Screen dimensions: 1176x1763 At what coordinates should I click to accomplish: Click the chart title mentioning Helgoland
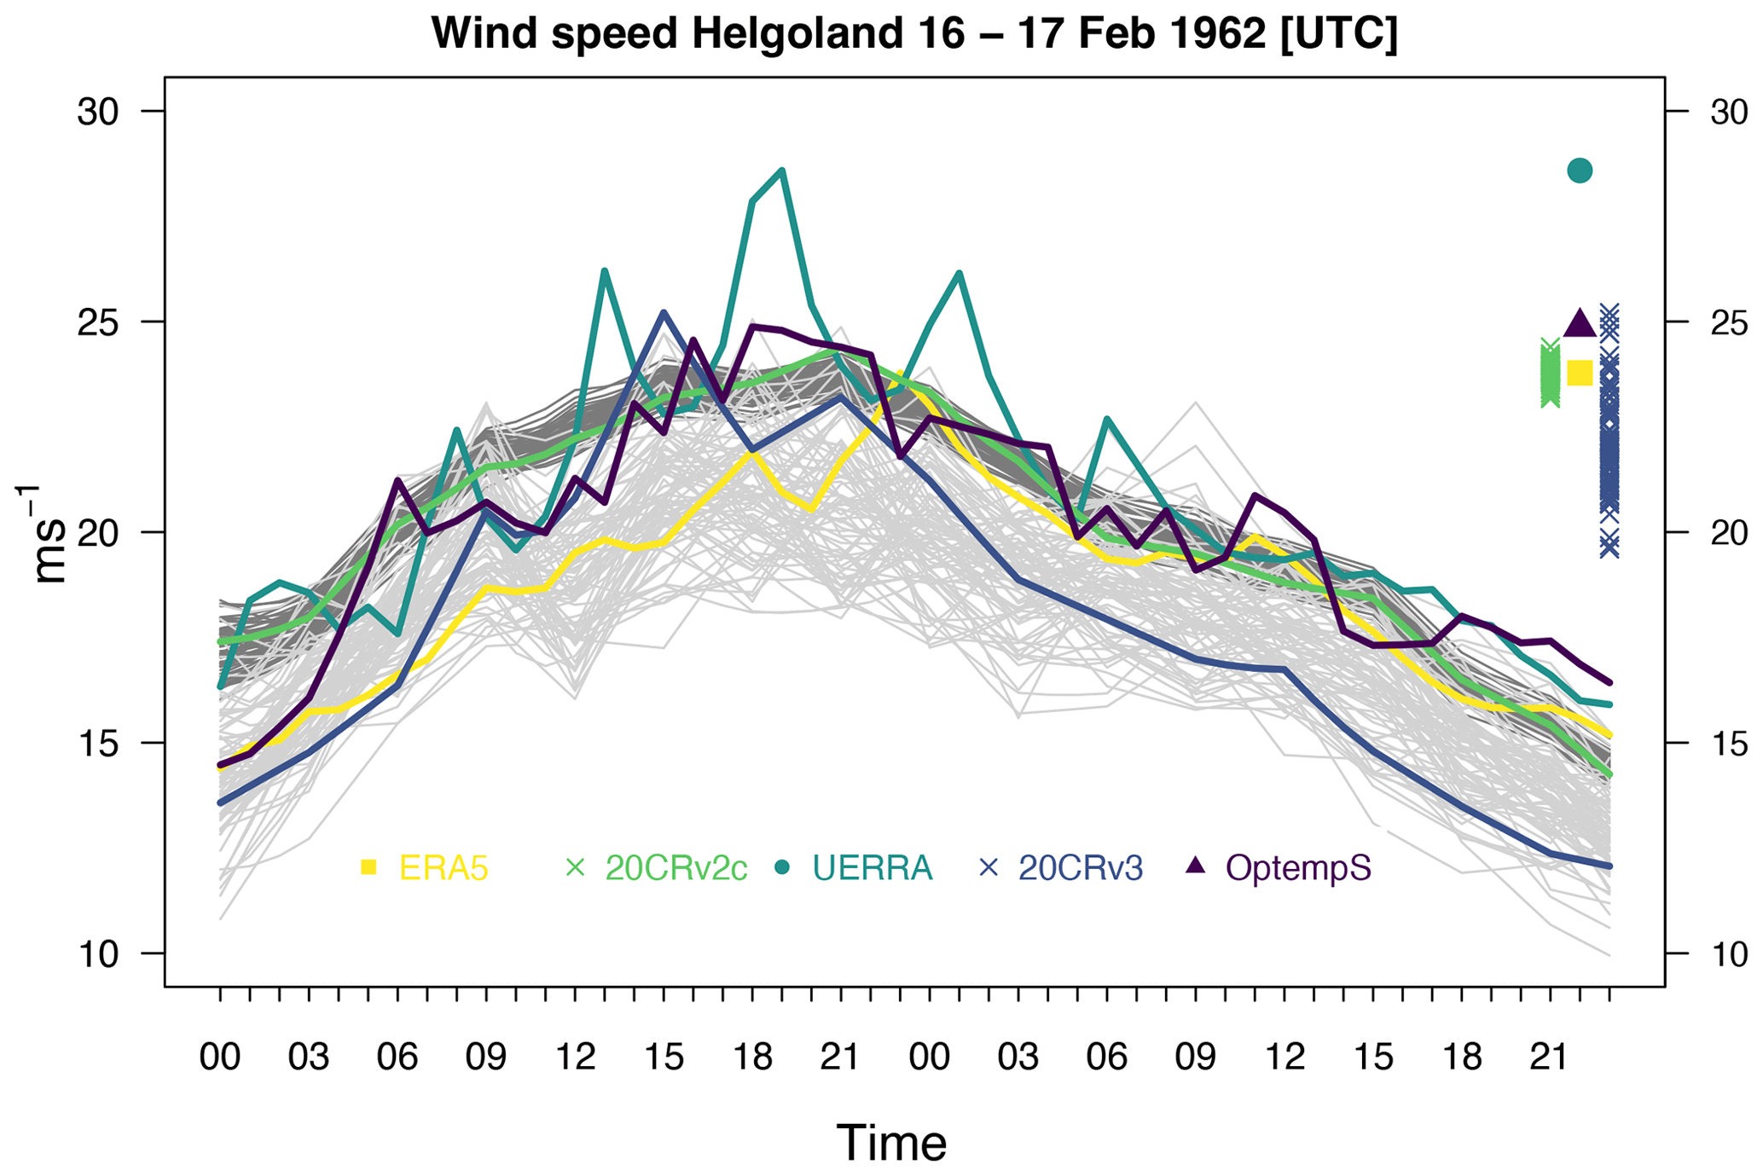(913, 34)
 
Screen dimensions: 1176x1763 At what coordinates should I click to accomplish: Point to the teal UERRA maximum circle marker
(1580, 171)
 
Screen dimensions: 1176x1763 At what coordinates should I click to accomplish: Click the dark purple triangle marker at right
(1580, 324)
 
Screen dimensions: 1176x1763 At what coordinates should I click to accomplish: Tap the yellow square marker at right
(1580, 373)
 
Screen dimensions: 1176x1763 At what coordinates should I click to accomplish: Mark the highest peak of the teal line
(782, 171)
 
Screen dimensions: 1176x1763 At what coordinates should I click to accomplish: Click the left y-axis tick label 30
(98, 112)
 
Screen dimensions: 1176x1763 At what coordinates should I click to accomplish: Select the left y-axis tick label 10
(98, 953)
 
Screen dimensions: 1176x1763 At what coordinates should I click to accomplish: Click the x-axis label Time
(891, 1143)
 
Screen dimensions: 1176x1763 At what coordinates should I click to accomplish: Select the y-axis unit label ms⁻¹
(48, 534)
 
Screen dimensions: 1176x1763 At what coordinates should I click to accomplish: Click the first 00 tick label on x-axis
(220, 1057)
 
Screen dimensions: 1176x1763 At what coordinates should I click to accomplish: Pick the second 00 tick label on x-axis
(929, 1057)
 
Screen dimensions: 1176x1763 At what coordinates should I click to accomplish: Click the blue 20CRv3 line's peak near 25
(664, 313)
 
